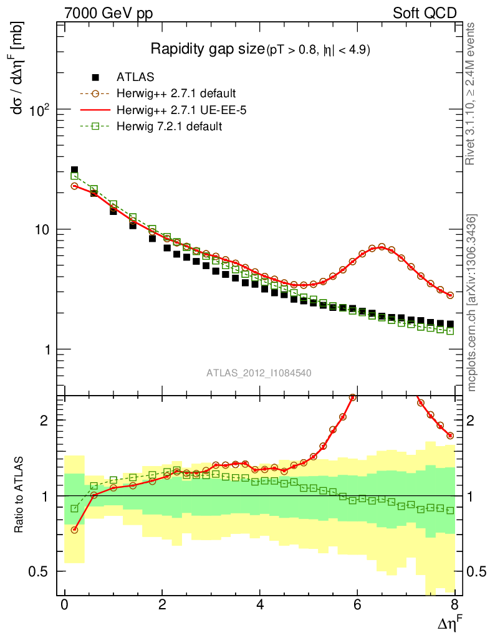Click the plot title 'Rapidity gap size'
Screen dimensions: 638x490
(208, 49)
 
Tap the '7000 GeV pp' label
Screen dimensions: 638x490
(108, 13)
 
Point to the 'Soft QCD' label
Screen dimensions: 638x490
(425, 13)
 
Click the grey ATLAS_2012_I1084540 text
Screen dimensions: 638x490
(259, 373)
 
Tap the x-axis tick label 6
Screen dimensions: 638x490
(357, 605)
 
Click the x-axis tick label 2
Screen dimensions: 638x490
(162, 605)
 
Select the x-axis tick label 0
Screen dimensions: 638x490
(64, 605)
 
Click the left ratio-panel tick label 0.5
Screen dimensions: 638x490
(41, 571)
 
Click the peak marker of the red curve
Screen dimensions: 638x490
(382, 247)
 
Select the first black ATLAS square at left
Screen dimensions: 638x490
(74, 169)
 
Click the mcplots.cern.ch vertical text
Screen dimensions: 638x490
(472, 303)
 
